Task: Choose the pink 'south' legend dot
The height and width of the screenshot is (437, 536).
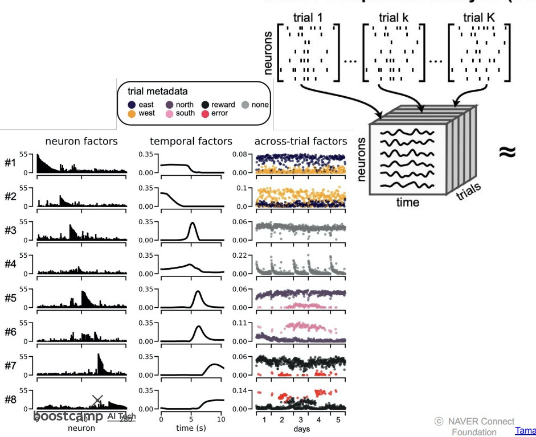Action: [170, 113]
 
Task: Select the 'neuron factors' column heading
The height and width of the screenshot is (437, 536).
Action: [81, 141]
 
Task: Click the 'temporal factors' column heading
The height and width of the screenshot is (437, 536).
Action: [191, 141]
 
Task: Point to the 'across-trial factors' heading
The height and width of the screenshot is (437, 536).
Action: [300, 141]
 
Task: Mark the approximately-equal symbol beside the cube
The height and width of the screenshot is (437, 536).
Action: [507, 152]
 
